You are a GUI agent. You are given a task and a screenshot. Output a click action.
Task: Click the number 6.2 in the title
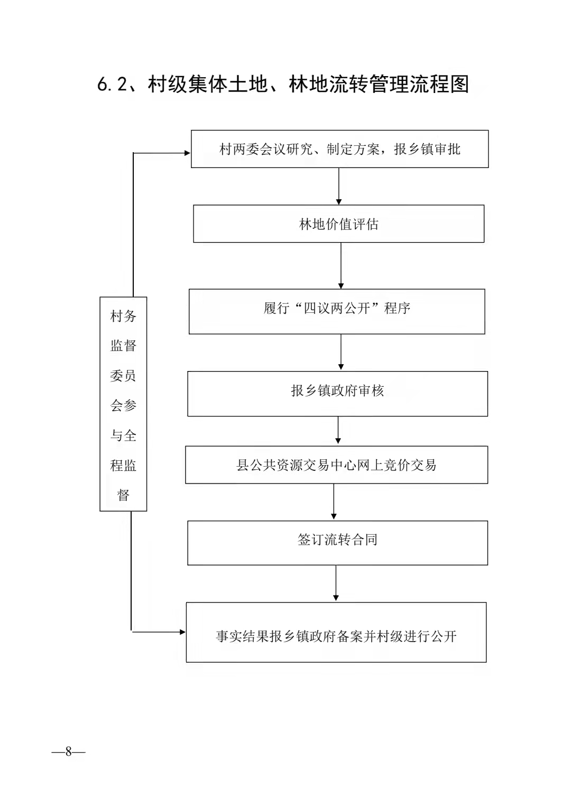(112, 85)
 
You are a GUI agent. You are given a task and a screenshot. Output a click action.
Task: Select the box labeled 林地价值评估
(338, 224)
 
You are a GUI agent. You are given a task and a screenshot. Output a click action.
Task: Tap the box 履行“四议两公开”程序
(337, 311)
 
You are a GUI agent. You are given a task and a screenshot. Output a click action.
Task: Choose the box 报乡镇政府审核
(337, 394)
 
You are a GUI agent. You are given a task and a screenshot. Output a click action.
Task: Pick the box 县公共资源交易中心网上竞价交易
(336, 465)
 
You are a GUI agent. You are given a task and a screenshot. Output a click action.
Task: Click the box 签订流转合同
(337, 543)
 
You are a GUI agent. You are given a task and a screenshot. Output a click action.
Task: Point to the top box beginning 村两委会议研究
(339, 149)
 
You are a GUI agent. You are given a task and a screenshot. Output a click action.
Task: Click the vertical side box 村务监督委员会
(123, 404)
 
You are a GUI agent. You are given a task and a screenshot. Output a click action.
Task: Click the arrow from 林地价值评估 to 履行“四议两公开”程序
(341, 265)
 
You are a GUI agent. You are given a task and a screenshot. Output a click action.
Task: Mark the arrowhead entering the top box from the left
(188, 153)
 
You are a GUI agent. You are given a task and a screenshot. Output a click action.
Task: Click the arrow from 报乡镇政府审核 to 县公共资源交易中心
(338, 431)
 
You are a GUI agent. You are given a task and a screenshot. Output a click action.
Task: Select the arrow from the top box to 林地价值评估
(339, 186)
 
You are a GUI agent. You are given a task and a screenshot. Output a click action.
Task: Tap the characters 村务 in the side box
(123, 316)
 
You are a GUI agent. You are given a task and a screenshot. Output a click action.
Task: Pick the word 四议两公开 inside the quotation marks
(337, 308)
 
